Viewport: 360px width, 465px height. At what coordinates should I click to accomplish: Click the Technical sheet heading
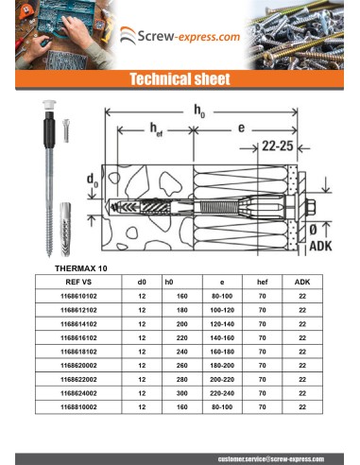[180, 80]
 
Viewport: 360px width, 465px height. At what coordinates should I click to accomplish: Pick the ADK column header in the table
[301, 281]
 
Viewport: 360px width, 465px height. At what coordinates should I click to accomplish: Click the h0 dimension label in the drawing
[198, 112]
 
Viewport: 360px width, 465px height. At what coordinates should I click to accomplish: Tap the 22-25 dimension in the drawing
[279, 146]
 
